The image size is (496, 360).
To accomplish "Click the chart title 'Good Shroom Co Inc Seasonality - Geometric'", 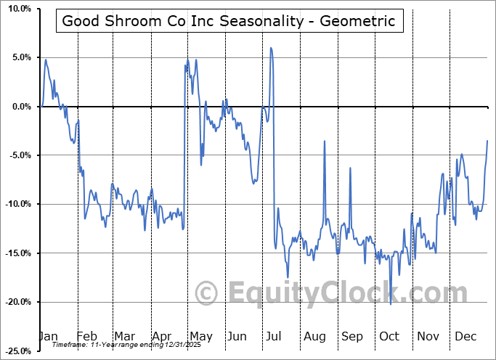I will click(x=229, y=21).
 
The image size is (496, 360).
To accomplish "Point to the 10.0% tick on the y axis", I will click(x=16, y=9).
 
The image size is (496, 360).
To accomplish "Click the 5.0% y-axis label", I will click(x=18, y=57).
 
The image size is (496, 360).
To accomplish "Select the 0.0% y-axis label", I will click(x=18, y=107).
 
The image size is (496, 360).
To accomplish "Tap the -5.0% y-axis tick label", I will click(x=17, y=155).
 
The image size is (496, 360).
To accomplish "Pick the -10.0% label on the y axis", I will click(x=15, y=204).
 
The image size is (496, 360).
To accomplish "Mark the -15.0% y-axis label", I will click(x=15, y=253).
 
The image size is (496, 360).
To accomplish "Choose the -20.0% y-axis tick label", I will click(x=15, y=302).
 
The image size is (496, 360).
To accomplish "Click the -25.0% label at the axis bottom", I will click(x=15, y=351).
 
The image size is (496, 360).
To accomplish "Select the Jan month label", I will click(x=48, y=336).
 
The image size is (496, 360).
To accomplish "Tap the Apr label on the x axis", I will click(x=163, y=336).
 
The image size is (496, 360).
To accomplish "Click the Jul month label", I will click(x=275, y=336).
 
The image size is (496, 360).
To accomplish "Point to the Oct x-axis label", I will click(x=389, y=336).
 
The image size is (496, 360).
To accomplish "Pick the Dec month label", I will click(x=465, y=336).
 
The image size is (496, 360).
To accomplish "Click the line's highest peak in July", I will click(x=271, y=48).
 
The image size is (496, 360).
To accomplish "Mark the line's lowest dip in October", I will click(x=390, y=304).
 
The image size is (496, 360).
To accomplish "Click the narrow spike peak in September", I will click(x=350, y=168).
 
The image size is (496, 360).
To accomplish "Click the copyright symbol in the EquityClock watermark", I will click(x=208, y=293).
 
